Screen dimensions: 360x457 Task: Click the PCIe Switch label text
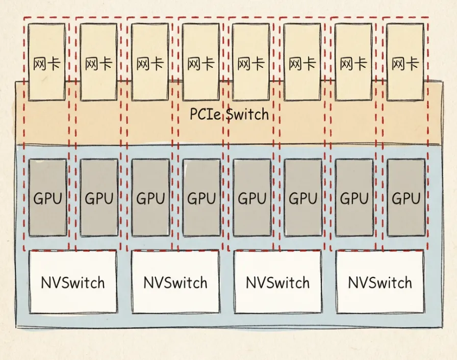point(229,114)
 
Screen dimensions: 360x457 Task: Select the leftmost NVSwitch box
point(73,281)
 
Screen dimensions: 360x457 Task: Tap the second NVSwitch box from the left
point(175,281)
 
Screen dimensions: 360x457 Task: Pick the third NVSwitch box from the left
point(277,281)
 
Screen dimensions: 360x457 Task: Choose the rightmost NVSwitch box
point(380,281)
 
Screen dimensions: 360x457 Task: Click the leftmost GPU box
point(48,197)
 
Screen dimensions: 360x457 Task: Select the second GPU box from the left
point(99,197)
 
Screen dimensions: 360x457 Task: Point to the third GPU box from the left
point(150,197)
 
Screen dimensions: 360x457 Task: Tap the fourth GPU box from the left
point(201,197)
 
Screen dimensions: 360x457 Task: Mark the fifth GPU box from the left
point(252,197)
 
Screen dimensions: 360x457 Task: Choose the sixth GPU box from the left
point(303,197)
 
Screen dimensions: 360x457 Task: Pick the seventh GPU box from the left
point(354,197)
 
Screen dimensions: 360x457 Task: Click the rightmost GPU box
point(405,197)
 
